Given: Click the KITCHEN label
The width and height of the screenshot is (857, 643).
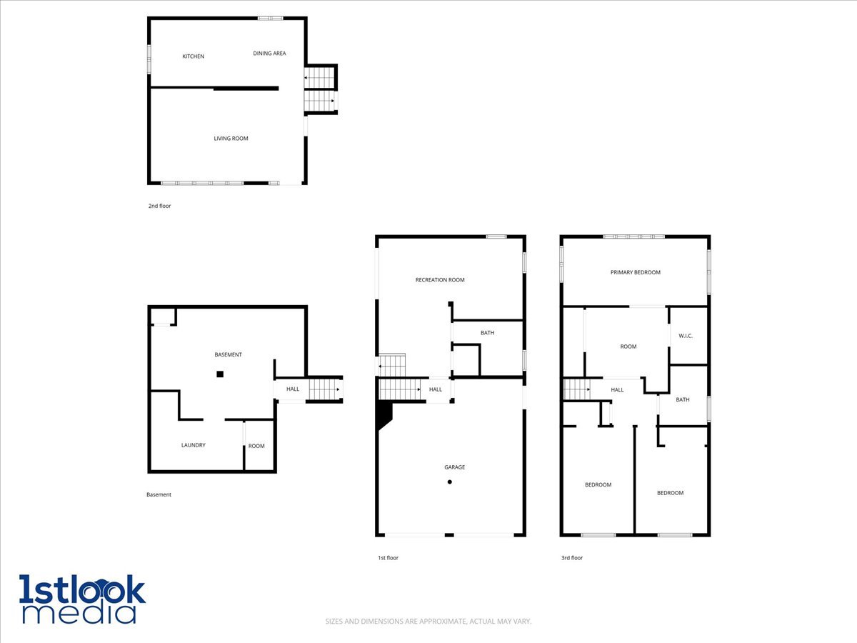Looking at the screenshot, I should [x=193, y=56].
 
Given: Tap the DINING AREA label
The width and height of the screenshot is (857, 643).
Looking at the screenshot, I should [x=269, y=53].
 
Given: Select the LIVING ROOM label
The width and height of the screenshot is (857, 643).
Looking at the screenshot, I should [x=231, y=139].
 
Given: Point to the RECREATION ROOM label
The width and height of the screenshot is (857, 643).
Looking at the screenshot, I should [x=440, y=280].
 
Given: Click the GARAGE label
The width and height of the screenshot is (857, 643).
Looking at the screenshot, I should [x=455, y=467].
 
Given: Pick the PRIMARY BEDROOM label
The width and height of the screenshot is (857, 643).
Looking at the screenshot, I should [x=635, y=272].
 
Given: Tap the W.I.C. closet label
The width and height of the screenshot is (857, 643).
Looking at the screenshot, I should [x=686, y=336].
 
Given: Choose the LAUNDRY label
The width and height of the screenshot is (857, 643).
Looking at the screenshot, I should [x=193, y=445].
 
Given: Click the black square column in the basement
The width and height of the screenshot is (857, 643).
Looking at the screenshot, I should [x=220, y=374].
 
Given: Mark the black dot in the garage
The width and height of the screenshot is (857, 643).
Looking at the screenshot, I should [x=450, y=482].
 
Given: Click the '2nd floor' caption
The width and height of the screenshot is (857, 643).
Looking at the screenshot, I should [x=159, y=206].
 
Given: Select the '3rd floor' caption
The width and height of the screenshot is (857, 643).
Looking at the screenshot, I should [x=572, y=558].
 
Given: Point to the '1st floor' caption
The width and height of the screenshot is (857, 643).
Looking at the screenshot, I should [x=388, y=558].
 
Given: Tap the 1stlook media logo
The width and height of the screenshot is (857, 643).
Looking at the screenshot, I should [x=82, y=599].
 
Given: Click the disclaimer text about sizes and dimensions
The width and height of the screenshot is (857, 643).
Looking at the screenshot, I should [x=428, y=622].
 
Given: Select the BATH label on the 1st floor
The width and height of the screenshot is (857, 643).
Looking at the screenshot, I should [x=487, y=333].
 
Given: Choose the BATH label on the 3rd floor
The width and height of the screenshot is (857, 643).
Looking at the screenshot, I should [x=683, y=400].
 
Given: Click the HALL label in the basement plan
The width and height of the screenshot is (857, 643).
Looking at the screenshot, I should [x=293, y=389].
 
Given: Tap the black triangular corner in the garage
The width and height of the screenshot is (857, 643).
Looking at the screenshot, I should [x=383, y=414].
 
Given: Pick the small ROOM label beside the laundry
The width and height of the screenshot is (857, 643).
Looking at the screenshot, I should [x=256, y=447].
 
